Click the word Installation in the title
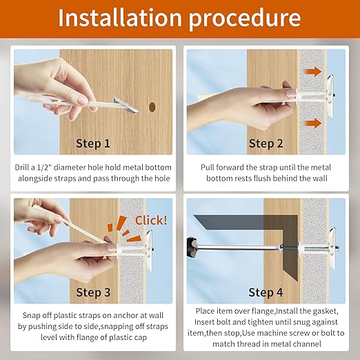click(120, 18)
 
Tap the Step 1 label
click(93, 143)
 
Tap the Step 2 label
click(266, 143)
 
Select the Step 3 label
click(93, 292)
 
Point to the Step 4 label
click(266, 292)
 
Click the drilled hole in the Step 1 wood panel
click(152, 107)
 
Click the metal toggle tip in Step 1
click(126, 106)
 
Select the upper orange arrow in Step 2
click(313, 72)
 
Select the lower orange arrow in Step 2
click(313, 123)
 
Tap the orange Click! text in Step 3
click(151, 221)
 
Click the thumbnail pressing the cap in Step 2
click(290, 92)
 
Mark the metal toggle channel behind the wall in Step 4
click(332, 248)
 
